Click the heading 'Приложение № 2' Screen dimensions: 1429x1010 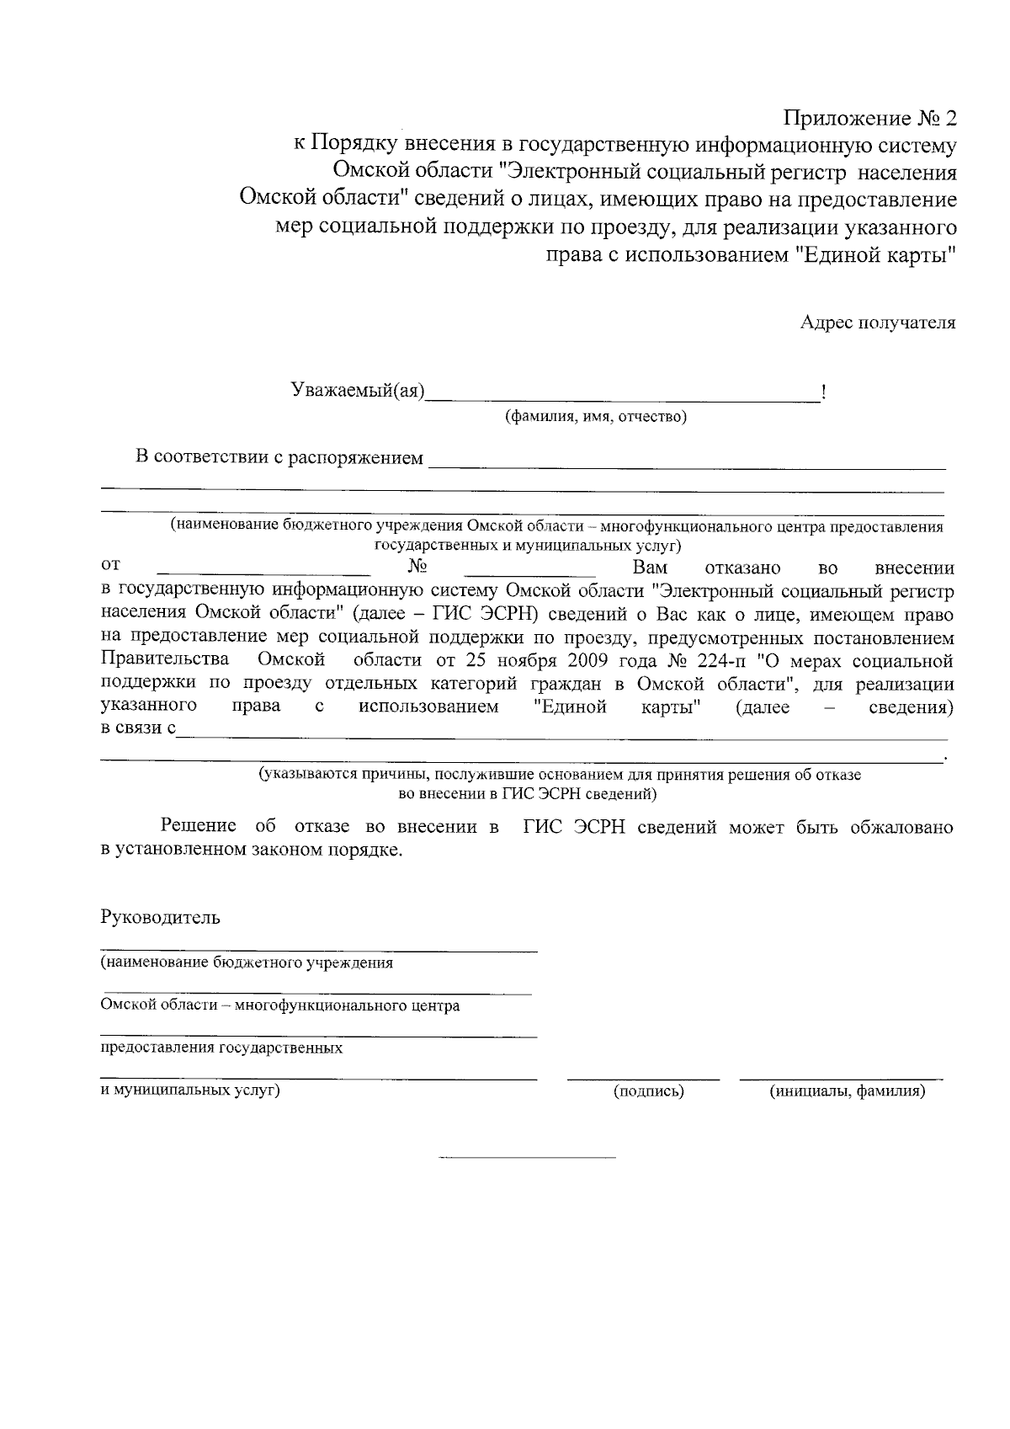(871, 118)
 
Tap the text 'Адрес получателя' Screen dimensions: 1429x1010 (878, 323)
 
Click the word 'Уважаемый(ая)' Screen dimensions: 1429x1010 (358, 390)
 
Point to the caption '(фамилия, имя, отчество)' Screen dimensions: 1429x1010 (595, 417)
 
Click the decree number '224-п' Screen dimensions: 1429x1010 (713, 659)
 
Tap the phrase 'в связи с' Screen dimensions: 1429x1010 (138, 728)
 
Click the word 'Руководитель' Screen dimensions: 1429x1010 (160, 917)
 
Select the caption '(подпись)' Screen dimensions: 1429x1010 (648, 1091)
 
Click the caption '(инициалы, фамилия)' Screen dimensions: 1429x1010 (847, 1091)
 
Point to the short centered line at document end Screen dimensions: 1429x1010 (528, 1159)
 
